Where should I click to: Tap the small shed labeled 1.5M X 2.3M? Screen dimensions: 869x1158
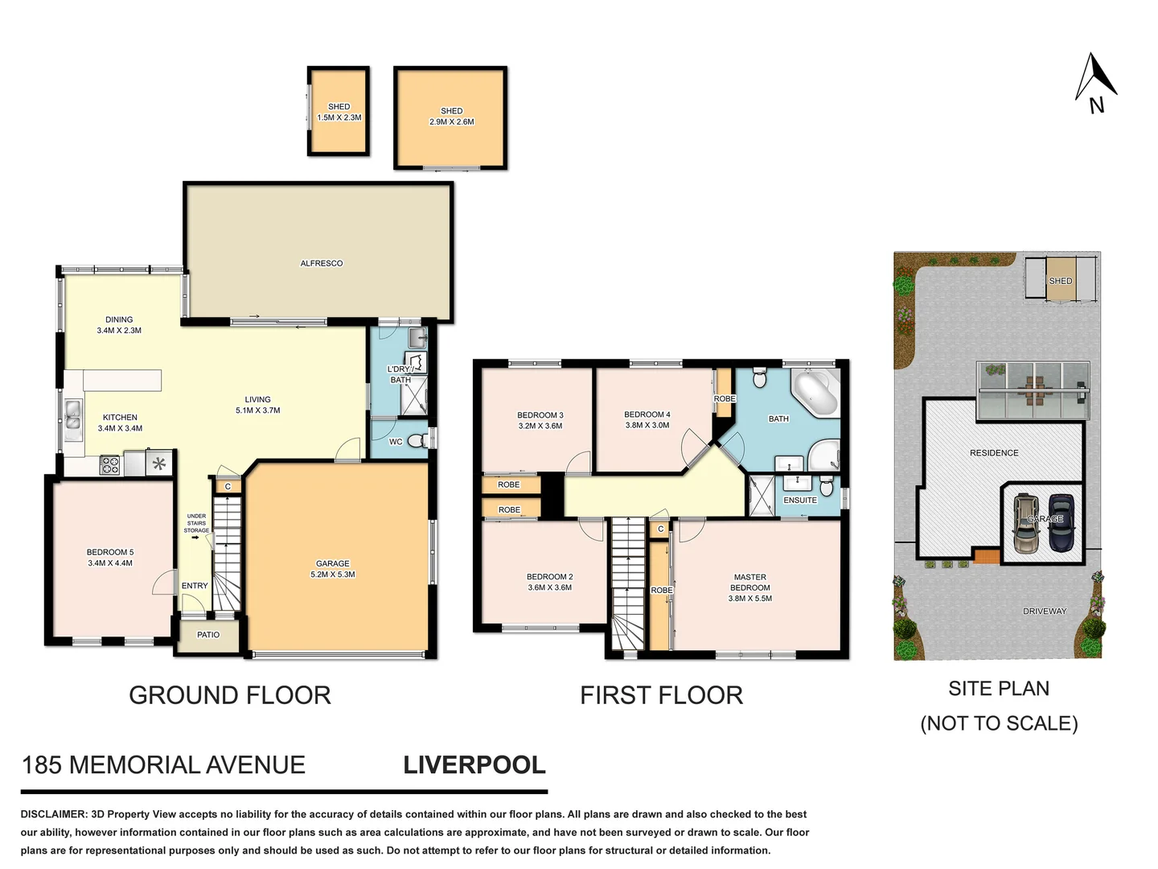pos(339,112)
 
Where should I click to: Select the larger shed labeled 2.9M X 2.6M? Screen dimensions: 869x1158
pos(451,117)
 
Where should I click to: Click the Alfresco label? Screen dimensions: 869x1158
pos(321,263)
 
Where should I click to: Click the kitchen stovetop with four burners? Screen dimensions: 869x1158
pos(109,464)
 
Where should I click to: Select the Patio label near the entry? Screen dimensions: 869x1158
pos(208,635)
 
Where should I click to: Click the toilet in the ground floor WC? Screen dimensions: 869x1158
pos(416,441)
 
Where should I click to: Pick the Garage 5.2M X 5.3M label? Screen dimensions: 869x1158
pos(332,569)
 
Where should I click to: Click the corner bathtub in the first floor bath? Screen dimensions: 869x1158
pos(814,393)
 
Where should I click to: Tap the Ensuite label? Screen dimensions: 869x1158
pos(799,500)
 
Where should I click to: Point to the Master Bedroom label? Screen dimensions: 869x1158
pos(749,582)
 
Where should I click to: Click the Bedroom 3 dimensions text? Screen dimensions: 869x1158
pos(540,426)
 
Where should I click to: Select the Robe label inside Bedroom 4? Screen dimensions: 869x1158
pos(724,399)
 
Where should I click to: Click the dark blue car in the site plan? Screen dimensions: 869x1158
pos(1061,523)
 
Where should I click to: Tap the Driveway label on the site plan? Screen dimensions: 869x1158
pos(1044,612)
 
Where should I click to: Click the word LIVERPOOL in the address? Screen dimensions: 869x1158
pos(474,764)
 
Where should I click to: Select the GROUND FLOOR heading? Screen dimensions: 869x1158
pos(230,695)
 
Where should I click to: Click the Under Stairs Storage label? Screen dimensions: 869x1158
pos(196,523)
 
